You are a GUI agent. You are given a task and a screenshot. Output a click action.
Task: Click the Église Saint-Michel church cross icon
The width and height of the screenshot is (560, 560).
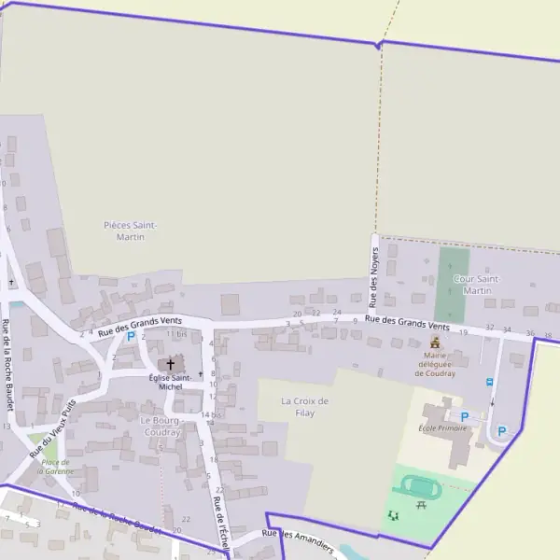coord(170,363)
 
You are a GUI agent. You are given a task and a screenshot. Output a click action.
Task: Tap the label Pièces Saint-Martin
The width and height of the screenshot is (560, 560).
coord(131,231)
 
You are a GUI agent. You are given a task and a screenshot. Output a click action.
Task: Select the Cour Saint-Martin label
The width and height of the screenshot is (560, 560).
coord(476,285)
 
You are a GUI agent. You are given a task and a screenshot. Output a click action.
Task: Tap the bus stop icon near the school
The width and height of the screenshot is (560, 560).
coord(489,382)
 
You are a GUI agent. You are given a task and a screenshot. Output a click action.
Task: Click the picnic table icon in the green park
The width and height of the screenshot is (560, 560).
coord(422,505)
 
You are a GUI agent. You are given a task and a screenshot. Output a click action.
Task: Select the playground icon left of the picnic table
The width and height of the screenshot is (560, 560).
coord(393,514)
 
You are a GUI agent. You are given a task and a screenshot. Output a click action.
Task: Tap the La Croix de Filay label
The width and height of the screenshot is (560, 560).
coord(305,406)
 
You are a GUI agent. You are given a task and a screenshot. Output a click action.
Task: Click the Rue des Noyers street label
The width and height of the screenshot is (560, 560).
coord(373,276)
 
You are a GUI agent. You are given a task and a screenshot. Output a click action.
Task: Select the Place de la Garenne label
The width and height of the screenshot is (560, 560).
coord(55,467)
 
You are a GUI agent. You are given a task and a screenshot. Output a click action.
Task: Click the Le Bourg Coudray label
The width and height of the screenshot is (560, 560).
coord(161,426)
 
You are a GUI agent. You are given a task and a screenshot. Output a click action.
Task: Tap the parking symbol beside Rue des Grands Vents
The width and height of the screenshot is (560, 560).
coord(131,336)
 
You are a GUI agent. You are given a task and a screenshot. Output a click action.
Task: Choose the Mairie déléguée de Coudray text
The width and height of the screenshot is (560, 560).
coord(435,364)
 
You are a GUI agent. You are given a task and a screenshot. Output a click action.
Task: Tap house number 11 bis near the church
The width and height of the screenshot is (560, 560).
coord(177,333)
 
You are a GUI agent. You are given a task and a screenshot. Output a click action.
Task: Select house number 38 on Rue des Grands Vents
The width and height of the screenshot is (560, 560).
coord(548,335)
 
